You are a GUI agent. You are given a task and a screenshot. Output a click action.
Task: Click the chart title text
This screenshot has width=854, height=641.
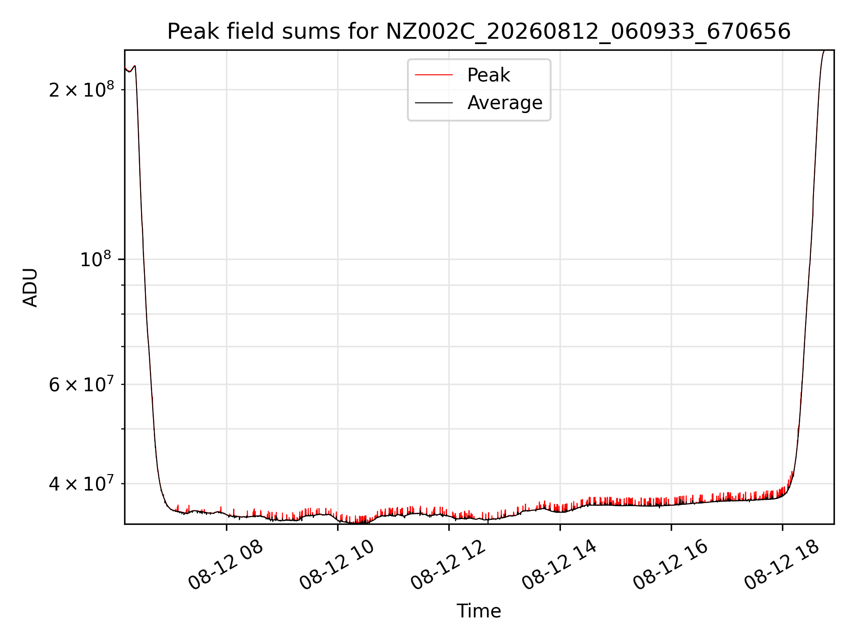479,32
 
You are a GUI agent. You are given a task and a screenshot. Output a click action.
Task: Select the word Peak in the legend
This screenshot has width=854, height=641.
488,75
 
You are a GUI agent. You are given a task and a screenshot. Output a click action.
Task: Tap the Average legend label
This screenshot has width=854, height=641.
505,103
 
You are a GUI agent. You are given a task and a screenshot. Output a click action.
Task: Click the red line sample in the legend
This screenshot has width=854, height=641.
434,75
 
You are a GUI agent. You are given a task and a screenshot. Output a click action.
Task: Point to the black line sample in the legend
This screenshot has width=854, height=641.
434,103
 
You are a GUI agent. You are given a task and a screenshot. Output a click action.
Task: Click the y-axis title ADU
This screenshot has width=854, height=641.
30,287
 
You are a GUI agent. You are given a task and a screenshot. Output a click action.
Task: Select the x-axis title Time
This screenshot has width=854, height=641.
479,611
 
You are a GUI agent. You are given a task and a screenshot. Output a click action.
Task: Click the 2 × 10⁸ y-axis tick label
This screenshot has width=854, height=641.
81,89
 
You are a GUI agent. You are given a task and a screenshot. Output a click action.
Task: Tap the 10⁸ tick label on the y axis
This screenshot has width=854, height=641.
95,259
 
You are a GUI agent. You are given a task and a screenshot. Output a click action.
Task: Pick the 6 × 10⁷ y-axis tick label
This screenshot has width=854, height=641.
81,384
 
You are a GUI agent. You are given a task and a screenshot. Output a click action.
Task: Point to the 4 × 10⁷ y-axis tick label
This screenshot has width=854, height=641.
81,483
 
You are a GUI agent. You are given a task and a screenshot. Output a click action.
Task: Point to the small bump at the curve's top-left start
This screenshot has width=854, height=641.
134,66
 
